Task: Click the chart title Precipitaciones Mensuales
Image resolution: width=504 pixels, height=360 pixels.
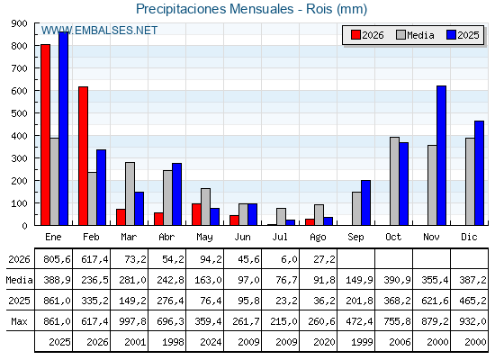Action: (215, 9)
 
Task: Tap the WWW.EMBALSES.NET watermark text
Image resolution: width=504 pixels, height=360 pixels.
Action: (99, 31)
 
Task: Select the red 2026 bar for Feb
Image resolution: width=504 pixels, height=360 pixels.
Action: (83, 156)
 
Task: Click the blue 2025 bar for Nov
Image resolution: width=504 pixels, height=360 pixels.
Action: (441, 156)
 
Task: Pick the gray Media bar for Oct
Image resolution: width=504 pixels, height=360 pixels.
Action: (394, 181)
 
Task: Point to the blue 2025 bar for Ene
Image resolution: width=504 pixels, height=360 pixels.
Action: (63, 129)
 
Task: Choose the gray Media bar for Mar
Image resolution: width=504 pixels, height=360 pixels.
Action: (130, 193)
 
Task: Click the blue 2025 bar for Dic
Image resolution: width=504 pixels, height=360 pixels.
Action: (479, 173)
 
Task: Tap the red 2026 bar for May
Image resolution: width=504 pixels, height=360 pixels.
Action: (196, 214)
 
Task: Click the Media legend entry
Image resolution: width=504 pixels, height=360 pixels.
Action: (415, 35)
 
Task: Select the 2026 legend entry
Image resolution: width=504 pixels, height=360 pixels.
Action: (367, 35)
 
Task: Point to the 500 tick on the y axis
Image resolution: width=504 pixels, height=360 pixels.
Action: (36, 113)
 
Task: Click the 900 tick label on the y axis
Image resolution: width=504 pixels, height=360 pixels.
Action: (19, 23)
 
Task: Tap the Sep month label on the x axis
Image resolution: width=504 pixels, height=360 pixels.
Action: (355, 238)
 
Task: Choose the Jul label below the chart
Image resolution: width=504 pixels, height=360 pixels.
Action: (280, 238)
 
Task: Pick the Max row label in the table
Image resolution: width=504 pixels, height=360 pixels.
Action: (19, 321)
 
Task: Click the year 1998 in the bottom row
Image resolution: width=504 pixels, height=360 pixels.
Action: (173, 342)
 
